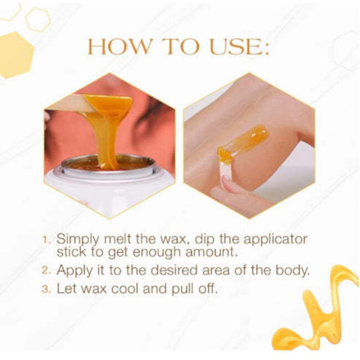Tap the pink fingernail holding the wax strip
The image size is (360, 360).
(226, 181)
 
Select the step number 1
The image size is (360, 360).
(47, 241)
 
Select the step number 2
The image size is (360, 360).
(47, 271)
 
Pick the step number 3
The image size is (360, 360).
(47, 289)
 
